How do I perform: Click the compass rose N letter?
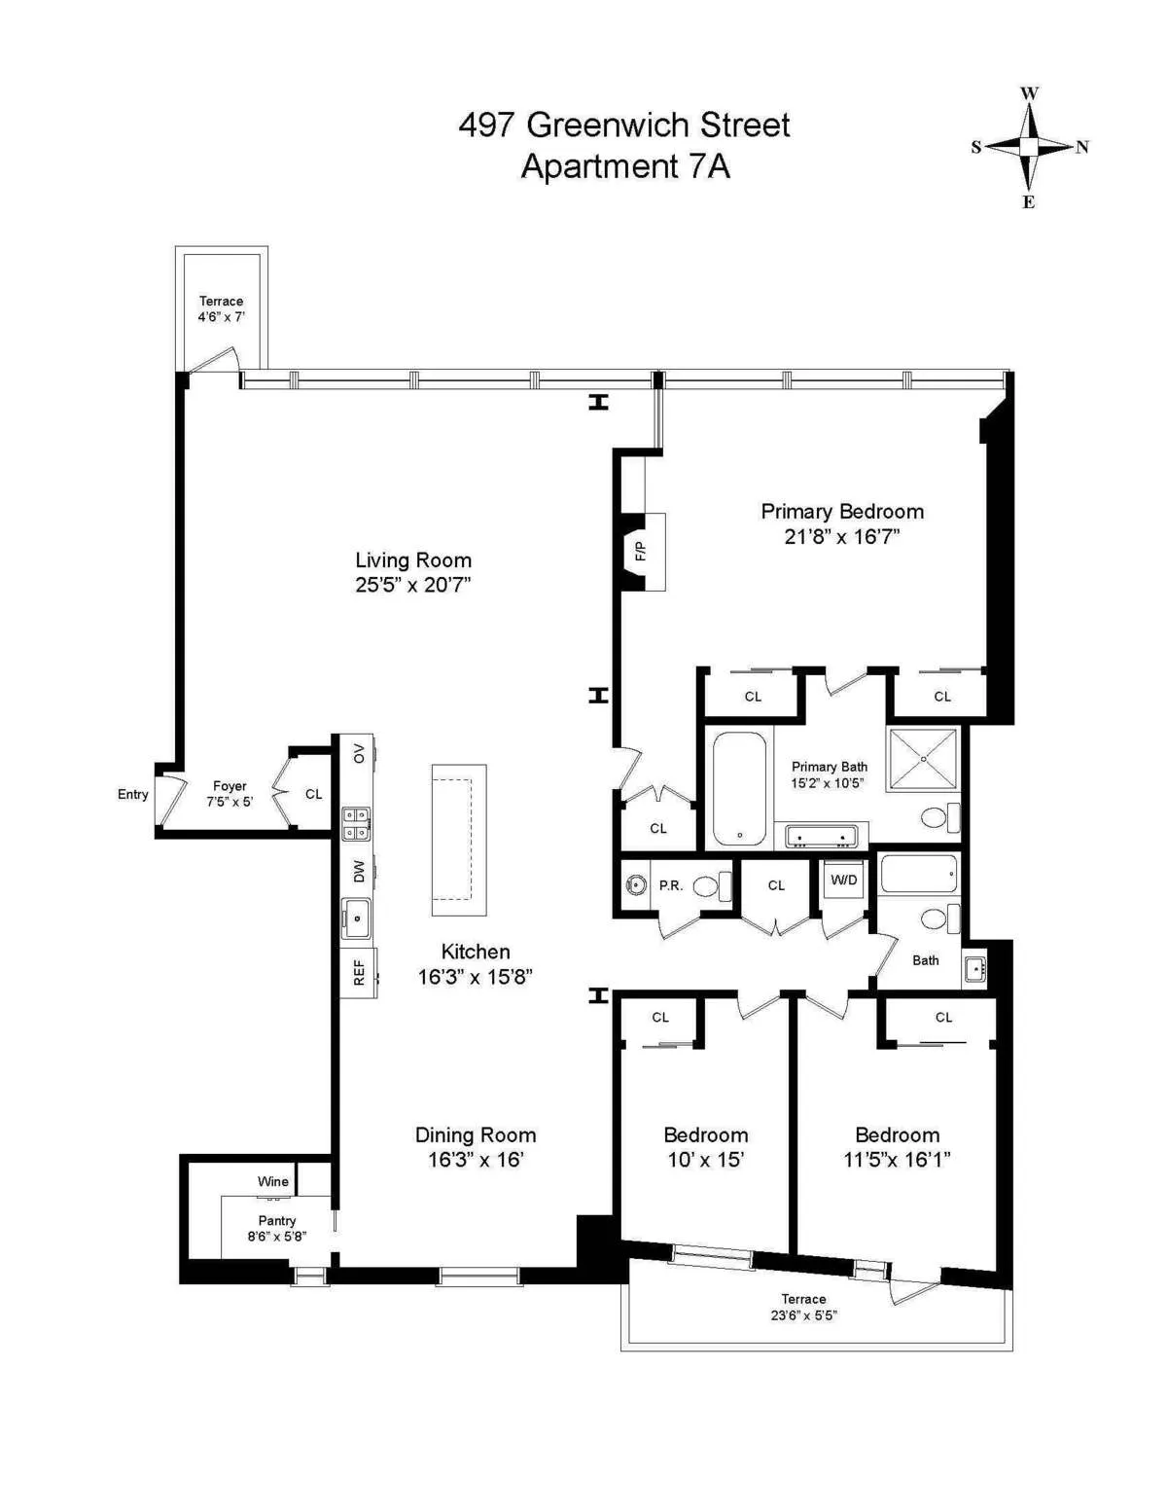click(x=1082, y=147)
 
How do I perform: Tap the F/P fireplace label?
click(x=641, y=551)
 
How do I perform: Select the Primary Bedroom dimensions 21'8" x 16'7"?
click(x=842, y=536)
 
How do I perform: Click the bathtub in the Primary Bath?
click(x=739, y=788)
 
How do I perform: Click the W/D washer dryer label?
click(x=844, y=880)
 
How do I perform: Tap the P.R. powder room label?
click(x=670, y=885)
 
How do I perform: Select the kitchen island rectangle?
click(x=459, y=840)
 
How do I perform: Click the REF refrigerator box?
click(x=358, y=972)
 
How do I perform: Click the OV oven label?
click(x=359, y=753)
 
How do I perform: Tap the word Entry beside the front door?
click(x=133, y=794)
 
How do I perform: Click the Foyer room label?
click(x=230, y=786)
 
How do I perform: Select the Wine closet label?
click(x=273, y=1181)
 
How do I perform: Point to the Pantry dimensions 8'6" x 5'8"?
click(x=277, y=1237)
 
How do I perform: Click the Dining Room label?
click(x=476, y=1134)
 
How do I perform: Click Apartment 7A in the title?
click(x=625, y=166)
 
